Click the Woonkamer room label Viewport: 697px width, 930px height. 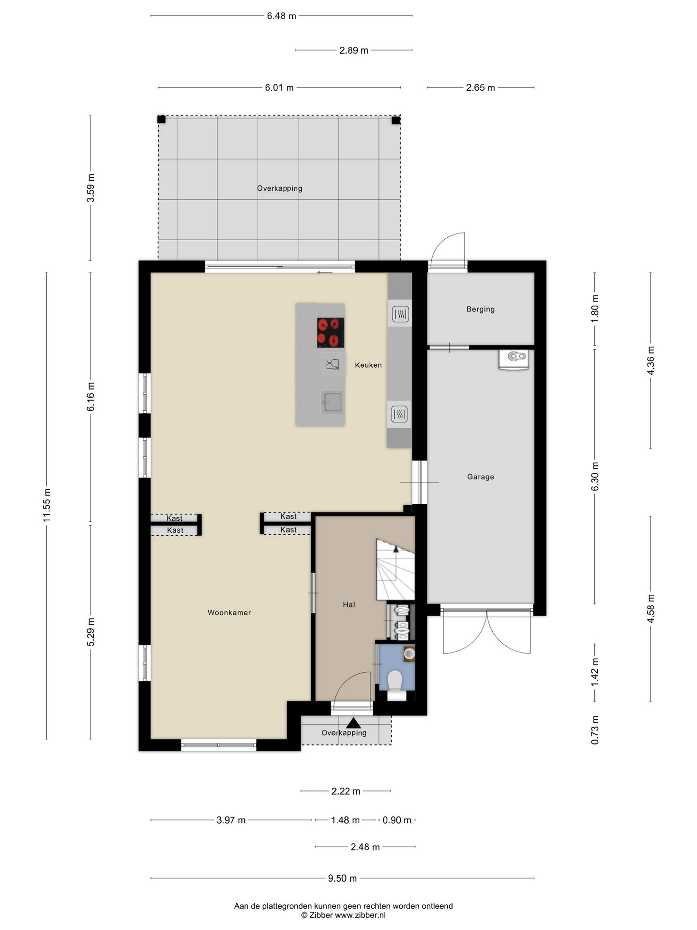tap(229, 613)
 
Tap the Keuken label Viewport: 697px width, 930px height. tap(368, 365)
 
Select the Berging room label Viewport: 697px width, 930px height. tap(481, 309)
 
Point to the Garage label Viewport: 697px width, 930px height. tap(481, 477)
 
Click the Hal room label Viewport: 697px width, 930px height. tap(349, 604)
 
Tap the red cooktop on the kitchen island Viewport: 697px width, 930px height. tap(331, 333)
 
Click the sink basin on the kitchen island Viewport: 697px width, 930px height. tap(333, 402)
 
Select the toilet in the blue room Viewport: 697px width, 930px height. tap(395, 681)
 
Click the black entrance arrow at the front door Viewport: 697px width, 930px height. tap(354, 723)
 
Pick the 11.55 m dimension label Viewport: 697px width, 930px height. tap(46, 506)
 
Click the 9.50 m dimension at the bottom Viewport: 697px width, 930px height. tap(343, 878)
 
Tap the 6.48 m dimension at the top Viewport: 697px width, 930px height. tap(281, 16)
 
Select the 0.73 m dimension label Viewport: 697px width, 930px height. tap(595, 730)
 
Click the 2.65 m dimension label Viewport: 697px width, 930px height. tap(481, 88)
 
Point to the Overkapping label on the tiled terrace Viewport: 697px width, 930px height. tap(280, 188)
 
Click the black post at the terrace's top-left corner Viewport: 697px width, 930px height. tap(162, 119)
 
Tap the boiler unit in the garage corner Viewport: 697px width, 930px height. tap(514, 359)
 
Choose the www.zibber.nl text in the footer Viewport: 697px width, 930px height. tap(361, 915)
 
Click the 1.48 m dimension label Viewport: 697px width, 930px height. tap(346, 820)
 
